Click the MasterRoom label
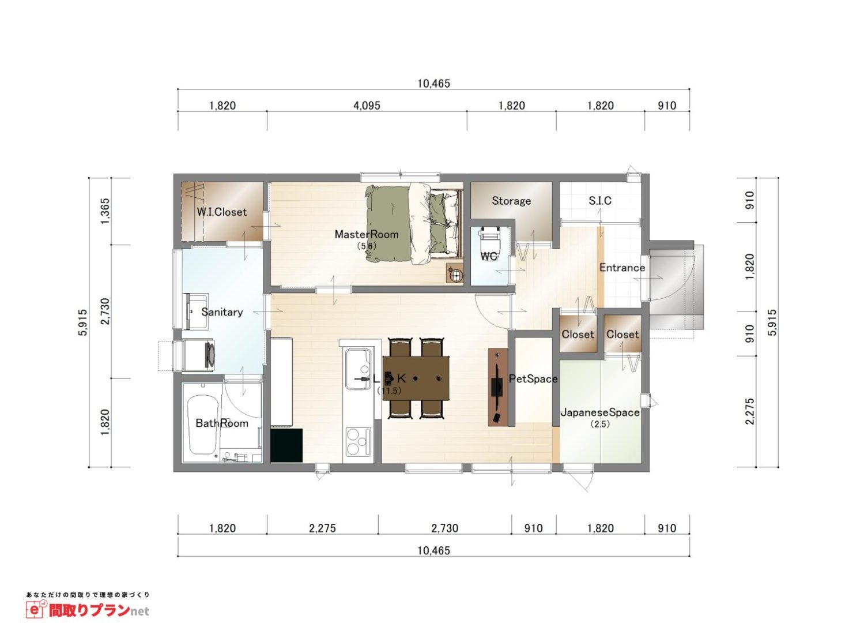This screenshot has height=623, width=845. click(x=366, y=234)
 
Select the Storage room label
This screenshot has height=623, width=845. click(x=511, y=201)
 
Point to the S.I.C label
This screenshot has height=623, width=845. click(x=600, y=201)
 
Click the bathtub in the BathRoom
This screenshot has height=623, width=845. click(x=203, y=425)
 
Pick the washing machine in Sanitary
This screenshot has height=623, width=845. click(x=198, y=355)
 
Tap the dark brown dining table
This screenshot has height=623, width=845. click(x=416, y=378)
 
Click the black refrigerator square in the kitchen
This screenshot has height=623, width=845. click(x=286, y=445)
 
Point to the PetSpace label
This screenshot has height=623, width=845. click(x=533, y=379)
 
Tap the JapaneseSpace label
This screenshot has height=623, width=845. click(x=600, y=412)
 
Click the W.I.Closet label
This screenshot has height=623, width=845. click(x=222, y=212)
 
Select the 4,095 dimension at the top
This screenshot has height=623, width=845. click(x=367, y=106)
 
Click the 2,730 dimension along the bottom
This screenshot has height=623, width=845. click(x=445, y=528)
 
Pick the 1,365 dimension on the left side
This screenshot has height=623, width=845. click(x=105, y=211)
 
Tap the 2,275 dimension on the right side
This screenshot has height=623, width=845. click(x=750, y=411)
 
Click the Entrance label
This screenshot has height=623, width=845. click(x=622, y=268)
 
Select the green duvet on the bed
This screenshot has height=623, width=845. click(x=388, y=223)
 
